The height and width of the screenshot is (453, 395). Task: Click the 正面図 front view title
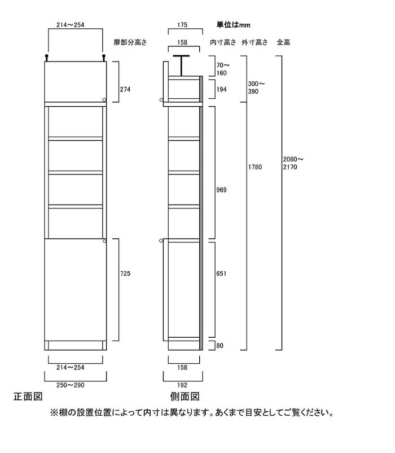(28, 397)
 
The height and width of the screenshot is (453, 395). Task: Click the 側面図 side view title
(185, 397)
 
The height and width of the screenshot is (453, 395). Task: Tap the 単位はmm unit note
(234, 25)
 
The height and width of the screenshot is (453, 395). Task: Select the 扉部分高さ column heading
(130, 42)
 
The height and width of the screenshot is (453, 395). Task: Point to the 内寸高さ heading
(223, 42)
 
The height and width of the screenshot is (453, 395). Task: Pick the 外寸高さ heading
(254, 42)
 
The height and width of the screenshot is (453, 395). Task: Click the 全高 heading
(283, 42)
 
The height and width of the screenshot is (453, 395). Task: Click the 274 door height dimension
(125, 90)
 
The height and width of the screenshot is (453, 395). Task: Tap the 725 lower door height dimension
(125, 273)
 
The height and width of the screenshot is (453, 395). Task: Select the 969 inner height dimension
(221, 190)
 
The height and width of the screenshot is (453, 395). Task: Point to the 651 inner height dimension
(221, 273)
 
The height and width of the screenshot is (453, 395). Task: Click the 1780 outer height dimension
(255, 167)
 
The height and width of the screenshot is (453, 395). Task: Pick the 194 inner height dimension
(222, 90)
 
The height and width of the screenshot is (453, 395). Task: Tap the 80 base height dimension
(220, 346)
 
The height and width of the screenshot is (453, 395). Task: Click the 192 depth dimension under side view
(182, 385)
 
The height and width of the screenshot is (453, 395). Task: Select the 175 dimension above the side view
(182, 25)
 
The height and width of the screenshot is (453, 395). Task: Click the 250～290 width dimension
(71, 385)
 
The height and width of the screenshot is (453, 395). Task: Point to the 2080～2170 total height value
(293, 163)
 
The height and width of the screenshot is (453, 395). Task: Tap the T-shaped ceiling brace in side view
(181, 66)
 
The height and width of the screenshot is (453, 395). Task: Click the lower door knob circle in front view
(104, 241)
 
